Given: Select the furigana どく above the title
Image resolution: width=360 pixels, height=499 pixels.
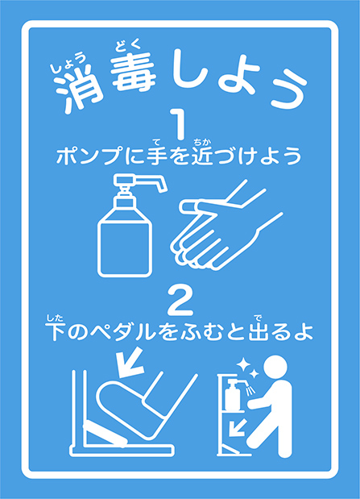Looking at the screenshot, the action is point(128,45).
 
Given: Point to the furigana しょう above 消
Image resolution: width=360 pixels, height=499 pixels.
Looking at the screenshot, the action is point(68,63).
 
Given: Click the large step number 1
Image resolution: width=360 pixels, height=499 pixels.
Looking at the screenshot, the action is point(180,124).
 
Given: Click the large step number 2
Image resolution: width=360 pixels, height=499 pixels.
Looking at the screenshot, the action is point(180,301).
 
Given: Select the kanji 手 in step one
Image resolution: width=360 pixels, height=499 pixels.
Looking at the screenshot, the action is point(157,156).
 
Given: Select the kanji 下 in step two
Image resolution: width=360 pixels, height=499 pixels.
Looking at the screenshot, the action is point(55,332).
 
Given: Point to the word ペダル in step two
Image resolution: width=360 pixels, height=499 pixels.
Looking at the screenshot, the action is point(123,332).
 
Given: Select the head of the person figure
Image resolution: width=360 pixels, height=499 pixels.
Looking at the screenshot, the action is point(275,367).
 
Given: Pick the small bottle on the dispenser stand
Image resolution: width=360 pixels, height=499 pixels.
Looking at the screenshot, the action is point(233,394).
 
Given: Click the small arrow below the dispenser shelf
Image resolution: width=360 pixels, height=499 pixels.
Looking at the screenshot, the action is point(237,427).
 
